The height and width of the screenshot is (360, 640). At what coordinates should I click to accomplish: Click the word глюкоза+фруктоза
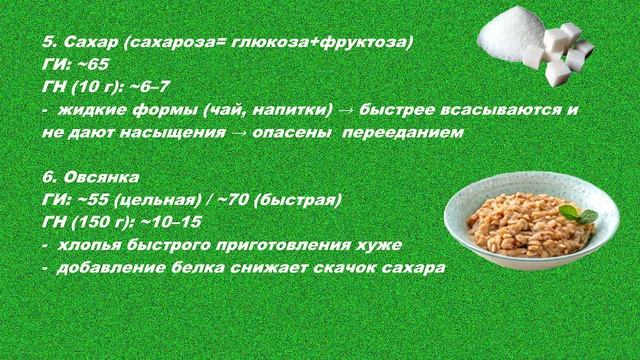click(331, 44)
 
